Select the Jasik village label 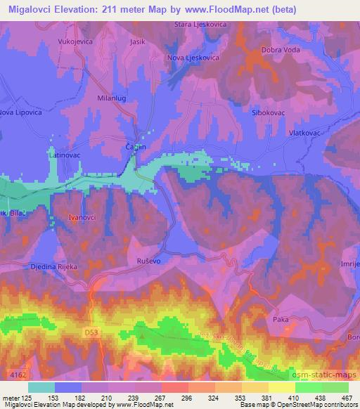pyautogui.click(x=137, y=41)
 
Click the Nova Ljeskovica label pyautogui.click(x=194, y=58)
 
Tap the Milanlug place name pyautogui.click(x=111, y=98)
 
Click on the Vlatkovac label pyautogui.click(x=304, y=131)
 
